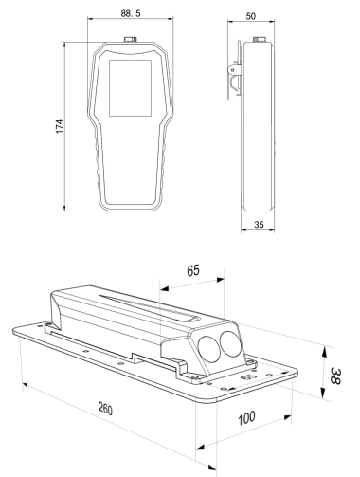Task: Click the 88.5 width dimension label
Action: click(x=131, y=13)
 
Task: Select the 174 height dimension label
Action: click(x=59, y=126)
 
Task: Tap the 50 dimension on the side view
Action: click(x=250, y=16)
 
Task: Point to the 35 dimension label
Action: click(x=259, y=225)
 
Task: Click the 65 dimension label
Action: click(x=193, y=270)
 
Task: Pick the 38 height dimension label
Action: click(x=335, y=376)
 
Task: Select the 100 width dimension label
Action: click(x=246, y=418)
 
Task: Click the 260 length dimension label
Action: click(x=105, y=408)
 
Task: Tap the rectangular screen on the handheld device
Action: click(x=130, y=88)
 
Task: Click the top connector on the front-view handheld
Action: click(x=130, y=40)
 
